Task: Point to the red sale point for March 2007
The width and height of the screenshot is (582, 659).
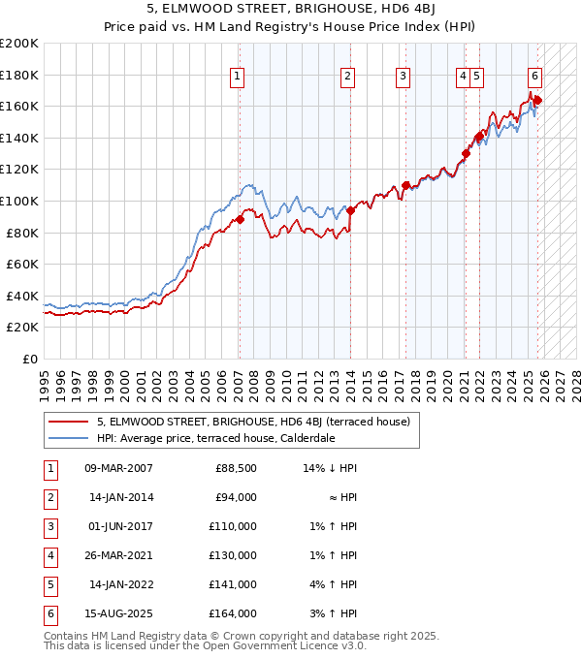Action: pos(240,220)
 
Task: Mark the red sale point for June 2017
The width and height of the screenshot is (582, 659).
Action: pos(405,185)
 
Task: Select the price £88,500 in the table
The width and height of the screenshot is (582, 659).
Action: pos(236,468)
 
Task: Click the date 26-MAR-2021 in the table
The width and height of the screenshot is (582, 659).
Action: pos(118,555)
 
